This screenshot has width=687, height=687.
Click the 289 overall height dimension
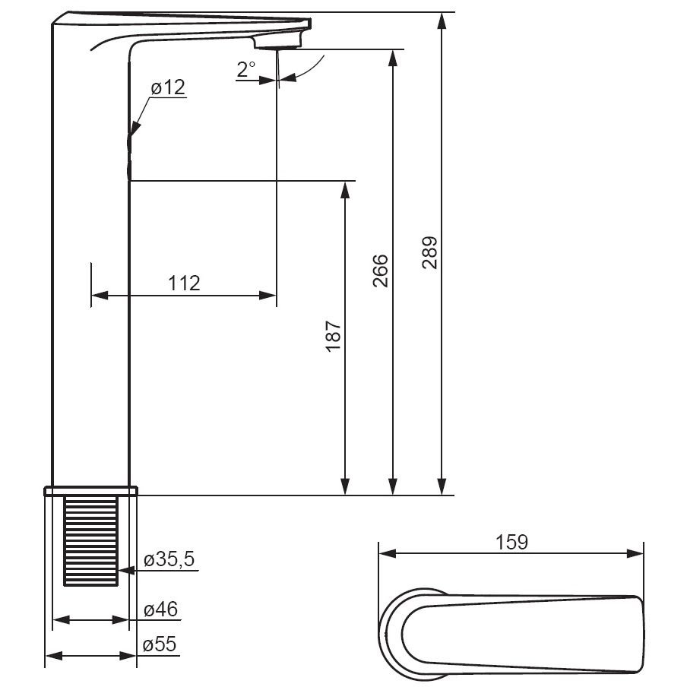429,252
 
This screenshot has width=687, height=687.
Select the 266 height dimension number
380,271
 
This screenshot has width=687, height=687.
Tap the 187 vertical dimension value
333,336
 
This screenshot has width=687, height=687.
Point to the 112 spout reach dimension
184,283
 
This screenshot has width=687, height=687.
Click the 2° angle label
245,69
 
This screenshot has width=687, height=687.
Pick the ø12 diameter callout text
168,87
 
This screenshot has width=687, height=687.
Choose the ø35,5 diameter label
169,559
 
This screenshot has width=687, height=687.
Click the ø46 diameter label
161,609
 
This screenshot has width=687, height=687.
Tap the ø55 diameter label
160,644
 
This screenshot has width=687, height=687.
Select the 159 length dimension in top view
511,542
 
